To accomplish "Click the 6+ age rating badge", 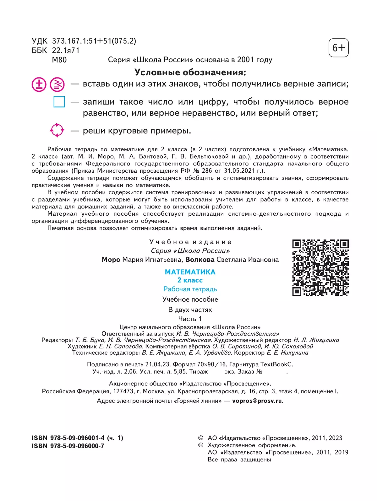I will [x=338, y=48].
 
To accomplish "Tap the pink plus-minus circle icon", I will [x=39, y=84].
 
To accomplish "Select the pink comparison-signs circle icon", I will [x=57, y=84].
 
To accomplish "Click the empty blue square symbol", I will [x=59, y=102].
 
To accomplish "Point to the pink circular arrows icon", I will [x=57, y=130].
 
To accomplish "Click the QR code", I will [x=320, y=268].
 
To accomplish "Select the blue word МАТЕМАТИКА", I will [x=190, y=272].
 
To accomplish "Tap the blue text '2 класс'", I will [x=190, y=280].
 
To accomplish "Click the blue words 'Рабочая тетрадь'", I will [x=190, y=289].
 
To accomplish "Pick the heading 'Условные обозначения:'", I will [x=190, y=73].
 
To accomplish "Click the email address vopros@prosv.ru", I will [x=257, y=401].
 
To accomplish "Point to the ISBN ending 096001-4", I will [x=77, y=438].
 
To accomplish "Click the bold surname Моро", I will [x=111, y=260].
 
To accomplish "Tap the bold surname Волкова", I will [x=200, y=260].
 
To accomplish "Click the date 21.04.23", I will [x=158, y=364].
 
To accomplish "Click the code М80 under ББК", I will [x=59, y=60].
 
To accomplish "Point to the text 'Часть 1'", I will [x=190, y=319].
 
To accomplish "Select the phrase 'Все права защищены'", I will [x=239, y=460].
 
